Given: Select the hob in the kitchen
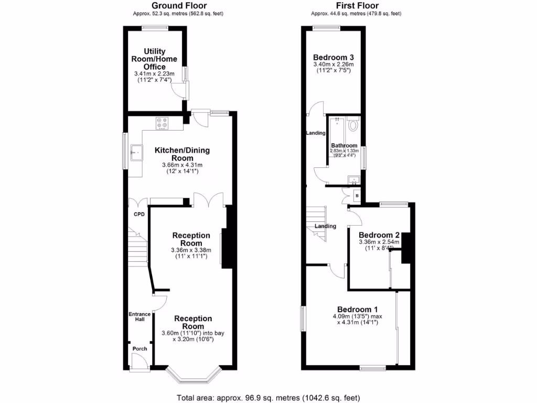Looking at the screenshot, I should pyautogui.click(x=162, y=123).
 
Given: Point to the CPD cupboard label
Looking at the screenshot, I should pyautogui.click(x=138, y=214).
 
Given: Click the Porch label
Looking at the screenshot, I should pyautogui.click(x=139, y=349).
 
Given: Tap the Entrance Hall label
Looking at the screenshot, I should pyautogui.click(x=139, y=317).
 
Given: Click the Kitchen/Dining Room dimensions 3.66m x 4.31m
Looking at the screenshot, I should pyautogui.click(x=182, y=165).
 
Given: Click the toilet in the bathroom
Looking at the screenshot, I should pyautogui.click(x=352, y=125).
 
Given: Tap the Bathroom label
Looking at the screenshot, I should pyautogui.click(x=344, y=145).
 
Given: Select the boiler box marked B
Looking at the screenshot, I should pyautogui.click(x=357, y=196).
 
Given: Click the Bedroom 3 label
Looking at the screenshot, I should pyautogui.click(x=334, y=57).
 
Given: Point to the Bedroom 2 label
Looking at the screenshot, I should pyautogui.click(x=379, y=235).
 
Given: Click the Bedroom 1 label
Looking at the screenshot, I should pyautogui.click(x=358, y=309).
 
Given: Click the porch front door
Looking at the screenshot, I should pyautogui.click(x=138, y=361).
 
